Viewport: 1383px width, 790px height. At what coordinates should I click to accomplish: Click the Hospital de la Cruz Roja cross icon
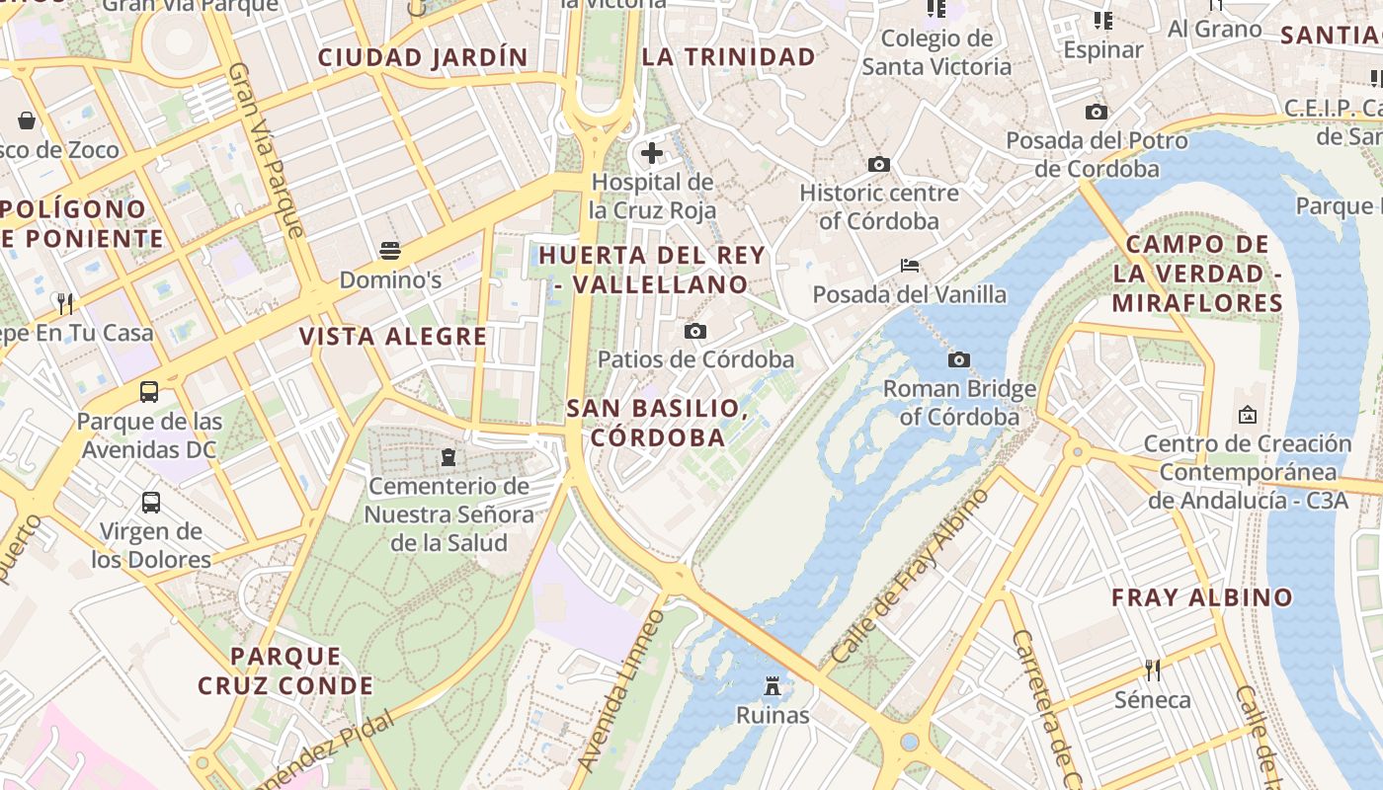(652, 153)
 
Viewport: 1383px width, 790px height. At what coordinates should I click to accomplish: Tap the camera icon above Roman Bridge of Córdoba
(958, 359)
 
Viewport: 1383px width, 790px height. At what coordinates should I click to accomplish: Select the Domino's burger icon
(390, 250)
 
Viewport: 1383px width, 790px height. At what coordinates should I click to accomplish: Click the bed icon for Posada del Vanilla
(910, 266)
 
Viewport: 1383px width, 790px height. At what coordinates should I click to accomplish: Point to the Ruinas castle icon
(773, 685)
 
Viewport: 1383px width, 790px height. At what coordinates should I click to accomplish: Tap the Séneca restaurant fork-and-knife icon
(1152, 671)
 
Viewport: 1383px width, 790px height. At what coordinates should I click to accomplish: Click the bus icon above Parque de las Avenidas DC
(149, 392)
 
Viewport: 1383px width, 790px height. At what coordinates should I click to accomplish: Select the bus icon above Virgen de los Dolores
(151, 502)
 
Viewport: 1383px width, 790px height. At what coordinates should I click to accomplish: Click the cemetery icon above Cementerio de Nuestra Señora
(448, 457)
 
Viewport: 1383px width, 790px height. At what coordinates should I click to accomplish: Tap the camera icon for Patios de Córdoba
(695, 331)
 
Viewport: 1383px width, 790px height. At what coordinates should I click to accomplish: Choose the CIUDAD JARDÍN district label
(423, 57)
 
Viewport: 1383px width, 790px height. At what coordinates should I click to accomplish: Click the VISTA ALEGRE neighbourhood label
(393, 337)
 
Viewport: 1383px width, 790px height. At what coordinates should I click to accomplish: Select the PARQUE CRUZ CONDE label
(285, 671)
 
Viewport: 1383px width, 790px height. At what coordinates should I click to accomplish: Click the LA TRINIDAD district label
(729, 57)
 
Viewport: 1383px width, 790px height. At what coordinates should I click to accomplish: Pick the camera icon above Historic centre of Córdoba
(878, 164)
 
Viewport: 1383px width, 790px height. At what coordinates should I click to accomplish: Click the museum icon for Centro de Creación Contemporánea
(1247, 415)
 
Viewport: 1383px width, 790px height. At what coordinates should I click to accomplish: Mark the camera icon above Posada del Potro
(1097, 113)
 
